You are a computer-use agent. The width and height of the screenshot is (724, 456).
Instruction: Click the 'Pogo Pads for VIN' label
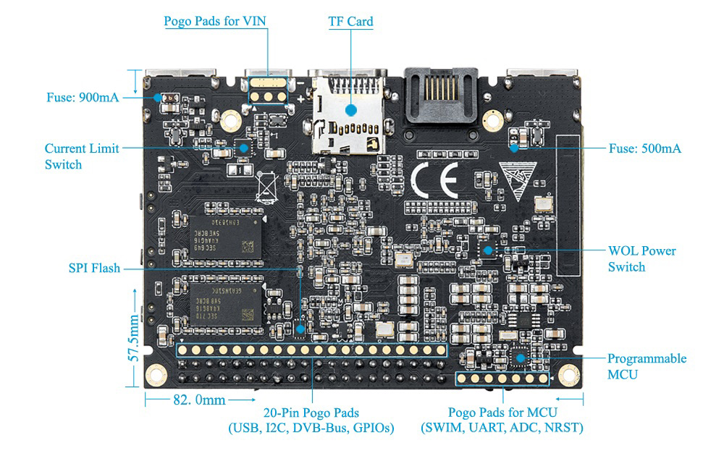click(215, 21)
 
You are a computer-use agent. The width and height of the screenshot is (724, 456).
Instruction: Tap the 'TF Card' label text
click(350, 22)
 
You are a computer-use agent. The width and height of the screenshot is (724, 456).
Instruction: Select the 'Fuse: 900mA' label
click(83, 98)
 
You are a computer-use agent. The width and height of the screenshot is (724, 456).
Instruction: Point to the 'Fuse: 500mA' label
click(644, 148)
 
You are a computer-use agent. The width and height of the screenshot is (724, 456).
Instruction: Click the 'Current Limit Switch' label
click(82, 156)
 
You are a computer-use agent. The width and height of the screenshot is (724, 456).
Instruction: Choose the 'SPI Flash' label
click(94, 268)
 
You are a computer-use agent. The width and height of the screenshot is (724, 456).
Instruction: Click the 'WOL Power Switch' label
click(641, 259)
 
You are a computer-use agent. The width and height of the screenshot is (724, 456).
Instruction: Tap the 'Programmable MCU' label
click(647, 366)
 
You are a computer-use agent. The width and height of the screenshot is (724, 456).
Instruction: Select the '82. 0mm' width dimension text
click(200, 400)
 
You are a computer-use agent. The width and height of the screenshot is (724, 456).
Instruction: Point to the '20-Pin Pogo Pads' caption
click(311, 413)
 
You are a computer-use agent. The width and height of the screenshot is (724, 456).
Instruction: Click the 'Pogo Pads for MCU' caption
click(502, 412)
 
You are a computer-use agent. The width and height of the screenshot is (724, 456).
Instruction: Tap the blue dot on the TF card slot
click(351, 110)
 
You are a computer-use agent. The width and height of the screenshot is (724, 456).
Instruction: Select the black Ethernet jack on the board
click(441, 96)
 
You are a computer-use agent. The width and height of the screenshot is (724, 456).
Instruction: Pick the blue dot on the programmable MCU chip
click(521, 358)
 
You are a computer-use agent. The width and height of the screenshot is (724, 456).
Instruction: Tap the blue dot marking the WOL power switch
click(488, 250)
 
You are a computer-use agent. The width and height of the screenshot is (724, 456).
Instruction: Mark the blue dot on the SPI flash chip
click(300, 329)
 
